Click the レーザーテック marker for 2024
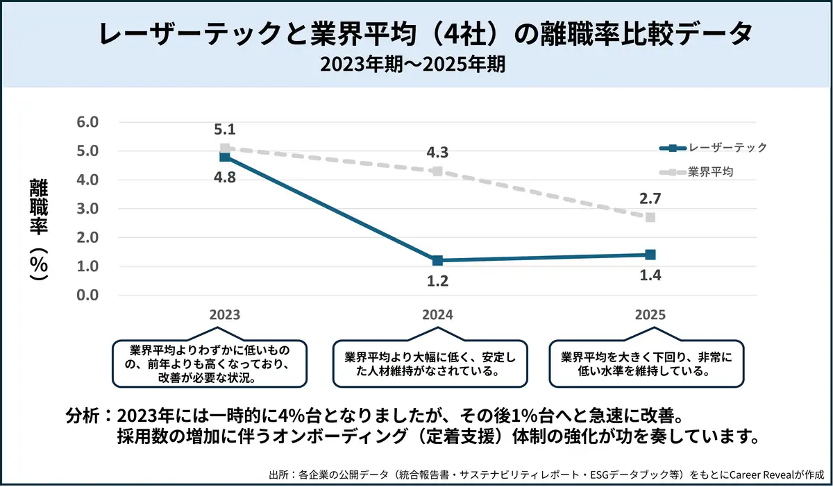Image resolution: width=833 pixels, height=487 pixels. click(437, 261)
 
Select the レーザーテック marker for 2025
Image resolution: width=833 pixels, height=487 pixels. click(650, 255)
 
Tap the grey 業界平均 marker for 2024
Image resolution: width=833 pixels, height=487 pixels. click(437, 171)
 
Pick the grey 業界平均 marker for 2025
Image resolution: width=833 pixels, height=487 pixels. click(650, 217)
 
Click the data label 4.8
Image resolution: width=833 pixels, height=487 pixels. click(224, 178)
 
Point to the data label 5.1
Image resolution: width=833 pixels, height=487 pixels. click(224, 129)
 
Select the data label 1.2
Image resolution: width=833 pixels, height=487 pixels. click(437, 281)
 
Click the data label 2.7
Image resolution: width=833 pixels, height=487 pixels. click(650, 198)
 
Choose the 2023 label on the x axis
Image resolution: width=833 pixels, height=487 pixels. click(224, 314)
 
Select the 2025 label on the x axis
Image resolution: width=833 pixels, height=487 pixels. click(650, 314)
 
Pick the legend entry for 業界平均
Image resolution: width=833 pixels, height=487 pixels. click(710, 171)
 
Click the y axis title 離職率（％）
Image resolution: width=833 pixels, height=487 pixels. click(38, 229)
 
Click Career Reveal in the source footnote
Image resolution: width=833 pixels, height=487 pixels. click(748, 475)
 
